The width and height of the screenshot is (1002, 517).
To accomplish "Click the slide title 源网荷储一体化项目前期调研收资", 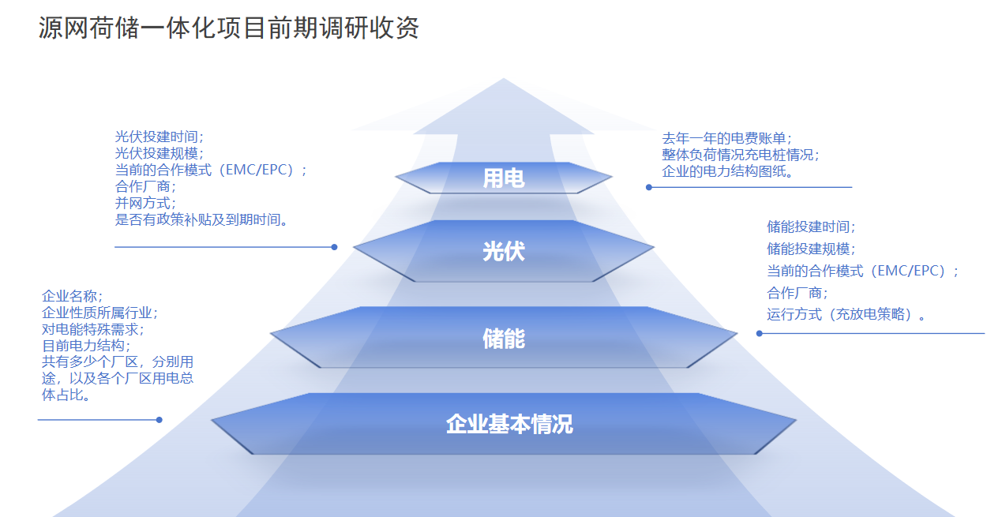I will click(229, 28).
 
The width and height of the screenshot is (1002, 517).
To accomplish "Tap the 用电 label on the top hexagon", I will click(503, 178).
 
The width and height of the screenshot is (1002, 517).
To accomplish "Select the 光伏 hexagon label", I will click(503, 252).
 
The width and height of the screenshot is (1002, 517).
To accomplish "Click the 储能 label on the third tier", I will click(503, 339).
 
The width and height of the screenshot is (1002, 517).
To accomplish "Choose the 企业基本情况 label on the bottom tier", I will click(509, 425).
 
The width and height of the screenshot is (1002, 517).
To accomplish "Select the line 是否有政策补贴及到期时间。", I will click(201, 219).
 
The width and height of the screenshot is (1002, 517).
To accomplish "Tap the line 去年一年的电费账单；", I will click(726, 138).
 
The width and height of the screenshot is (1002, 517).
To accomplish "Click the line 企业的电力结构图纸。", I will click(727, 171).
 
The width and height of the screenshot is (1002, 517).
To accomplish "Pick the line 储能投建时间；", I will click(811, 227).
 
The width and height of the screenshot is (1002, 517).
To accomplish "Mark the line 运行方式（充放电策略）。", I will click(846, 315).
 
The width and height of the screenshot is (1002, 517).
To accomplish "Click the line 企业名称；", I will click(72, 296).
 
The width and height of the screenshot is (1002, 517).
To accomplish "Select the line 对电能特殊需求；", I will click(93, 329).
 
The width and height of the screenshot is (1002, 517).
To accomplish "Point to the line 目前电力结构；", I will click(86, 346).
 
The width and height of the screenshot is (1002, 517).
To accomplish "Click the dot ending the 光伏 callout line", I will click(334, 247).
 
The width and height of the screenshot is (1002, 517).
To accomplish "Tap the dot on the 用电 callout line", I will click(649, 187).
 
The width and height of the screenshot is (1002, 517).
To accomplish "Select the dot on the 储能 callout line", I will click(760, 333).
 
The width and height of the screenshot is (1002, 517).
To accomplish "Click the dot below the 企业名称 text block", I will click(159, 420).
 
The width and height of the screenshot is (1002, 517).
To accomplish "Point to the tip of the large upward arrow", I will click(503, 80).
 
